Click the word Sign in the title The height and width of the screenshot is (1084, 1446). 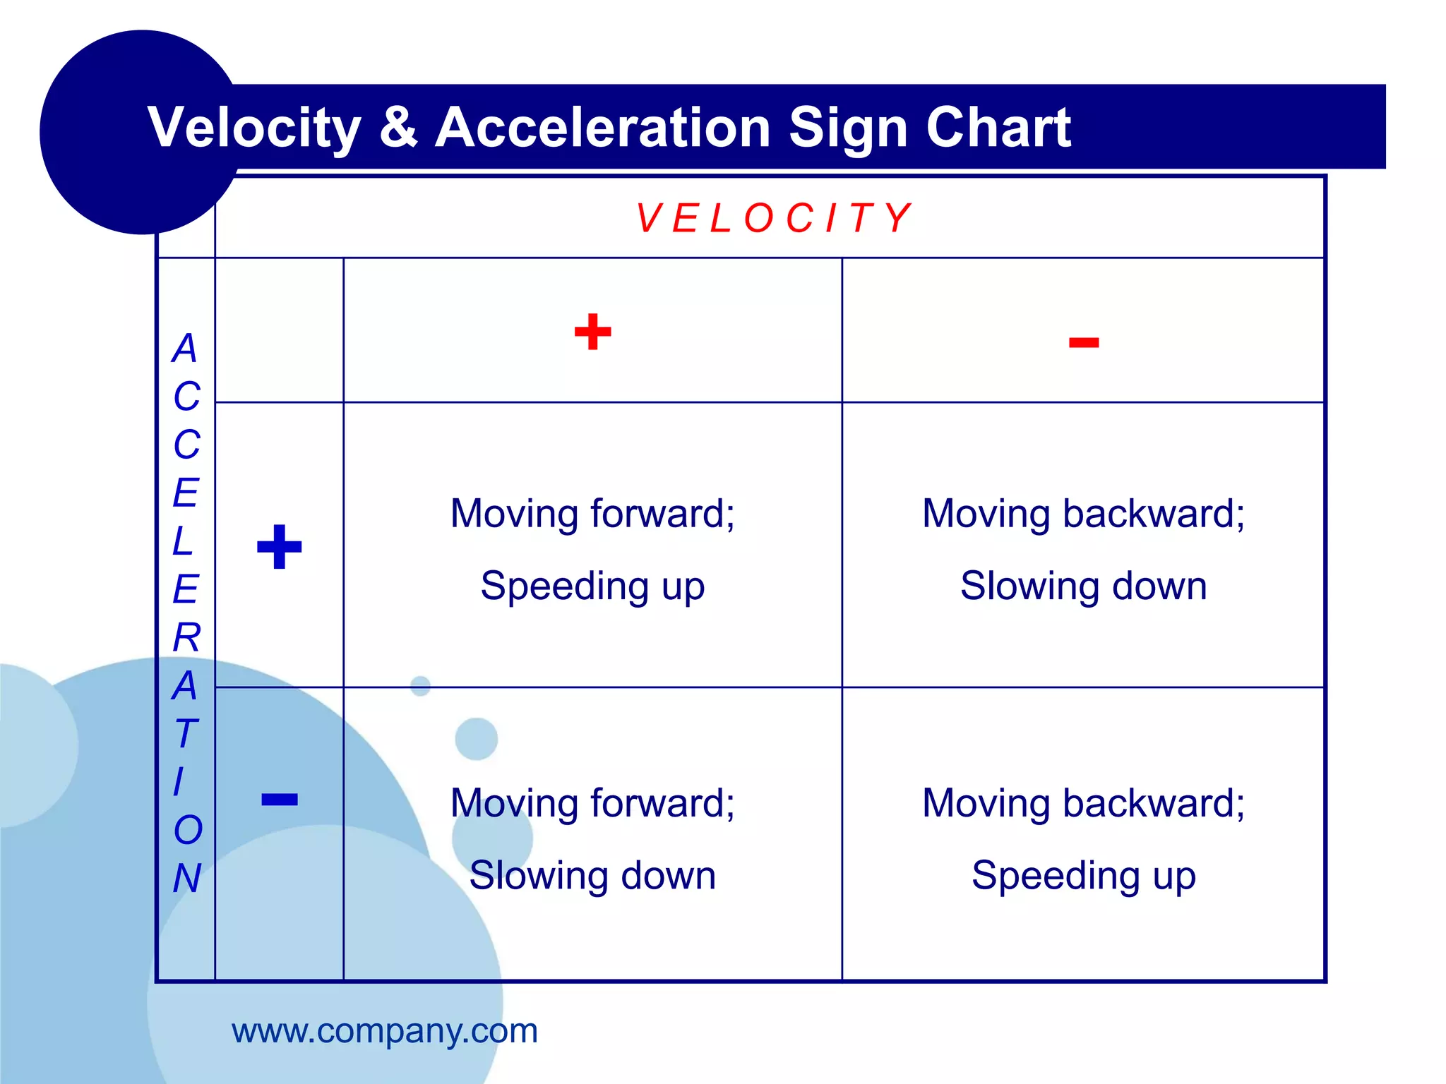[x=847, y=128]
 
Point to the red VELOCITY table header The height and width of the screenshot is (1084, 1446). [x=773, y=218]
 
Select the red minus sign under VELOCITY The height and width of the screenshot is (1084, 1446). [x=1083, y=343]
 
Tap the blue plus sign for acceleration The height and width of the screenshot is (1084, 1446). [x=280, y=546]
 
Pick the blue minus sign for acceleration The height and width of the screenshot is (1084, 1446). [x=280, y=799]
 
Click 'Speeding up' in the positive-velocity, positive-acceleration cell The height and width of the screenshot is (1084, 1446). [x=592, y=586]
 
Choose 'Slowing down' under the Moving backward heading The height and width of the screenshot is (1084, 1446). [x=1083, y=586]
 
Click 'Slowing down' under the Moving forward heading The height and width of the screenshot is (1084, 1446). [x=592, y=876]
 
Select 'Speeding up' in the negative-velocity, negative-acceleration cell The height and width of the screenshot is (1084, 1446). [x=1083, y=876]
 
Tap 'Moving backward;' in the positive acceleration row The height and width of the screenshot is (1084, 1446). [x=1083, y=514]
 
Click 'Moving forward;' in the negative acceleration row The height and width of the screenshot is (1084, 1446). [x=592, y=803]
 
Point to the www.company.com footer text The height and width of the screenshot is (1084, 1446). [x=385, y=1031]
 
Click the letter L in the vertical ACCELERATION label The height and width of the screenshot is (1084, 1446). [x=183, y=541]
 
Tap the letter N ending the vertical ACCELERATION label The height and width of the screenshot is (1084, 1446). [x=187, y=878]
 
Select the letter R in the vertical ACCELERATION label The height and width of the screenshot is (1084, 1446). [x=187, y=637]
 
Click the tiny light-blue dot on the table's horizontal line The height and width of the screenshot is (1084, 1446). [x=420, y=685]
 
